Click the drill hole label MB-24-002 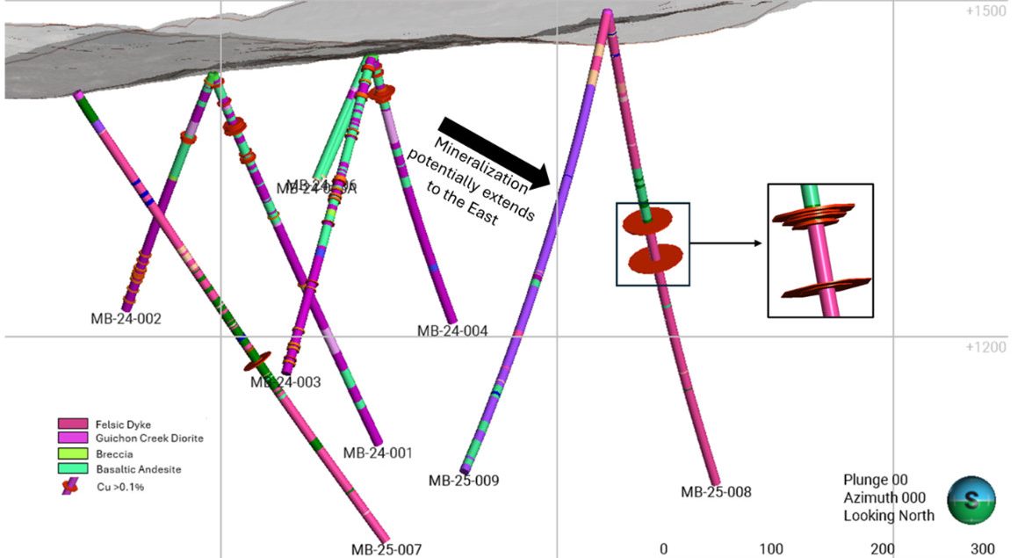pyautogui.click(x=126, y=319)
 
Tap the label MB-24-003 pyautogui.click(x=285, y=382)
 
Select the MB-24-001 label pyautogui.click(x=378, y=453)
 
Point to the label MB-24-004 pyautogui.click(x=452, y=331)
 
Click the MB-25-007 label pyautogui.click(x=386, y=549)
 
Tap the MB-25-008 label pyautogui.click(x=716, y=492)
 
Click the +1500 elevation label pyautogui.click(x=984, y=12)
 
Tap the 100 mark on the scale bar pyautogui.click(x=771, y=549)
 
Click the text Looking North pyautogui.click(x=889, y=516)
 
